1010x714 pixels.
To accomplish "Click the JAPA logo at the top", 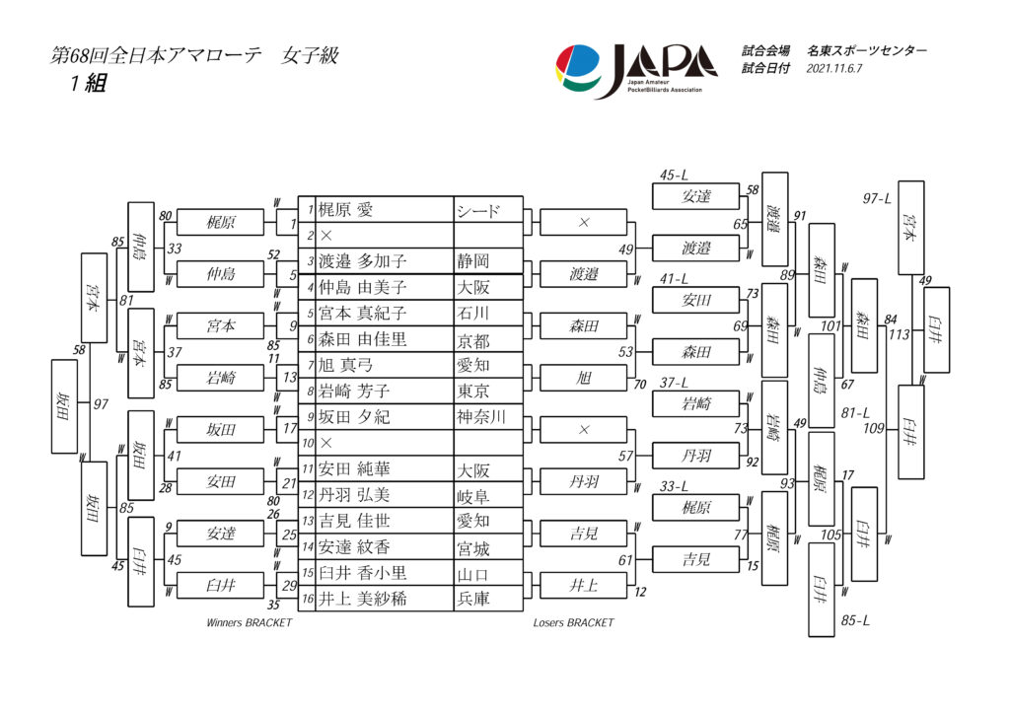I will tap(636, 70).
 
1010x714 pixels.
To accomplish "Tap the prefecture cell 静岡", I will tap(472, 262).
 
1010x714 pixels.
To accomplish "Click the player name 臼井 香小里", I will tap(363, 573).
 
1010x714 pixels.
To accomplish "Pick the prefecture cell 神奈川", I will tap(481, 417).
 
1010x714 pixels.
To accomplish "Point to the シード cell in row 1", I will tap(479, 210).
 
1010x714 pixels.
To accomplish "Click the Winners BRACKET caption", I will tap(249, 623).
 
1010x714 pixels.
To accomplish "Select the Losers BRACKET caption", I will tap(573, 623).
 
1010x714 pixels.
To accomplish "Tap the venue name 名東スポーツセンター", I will tap(867, 50).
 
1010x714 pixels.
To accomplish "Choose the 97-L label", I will tap(877, 198).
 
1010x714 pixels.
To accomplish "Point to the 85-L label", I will tap(855, 620).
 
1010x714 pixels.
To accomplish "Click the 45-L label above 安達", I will tap(675, 176).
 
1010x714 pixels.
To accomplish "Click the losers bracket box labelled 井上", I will tap(584, 585).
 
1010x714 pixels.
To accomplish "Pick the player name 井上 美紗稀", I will tap(363, 599).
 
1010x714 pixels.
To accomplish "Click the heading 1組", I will tap(88, 84).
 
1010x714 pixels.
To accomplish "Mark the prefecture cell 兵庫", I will tap(472, 599).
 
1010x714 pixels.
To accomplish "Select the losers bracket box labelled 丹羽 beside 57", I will tap(695, 456).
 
